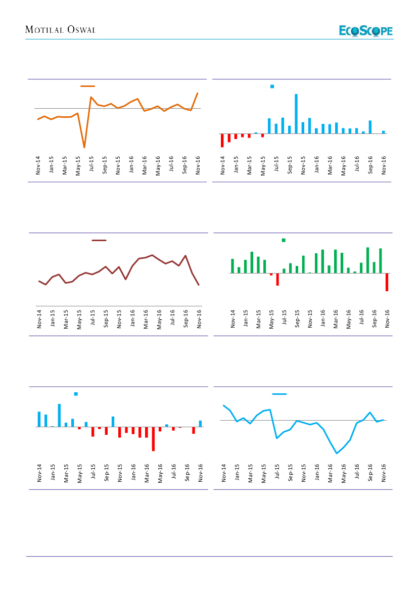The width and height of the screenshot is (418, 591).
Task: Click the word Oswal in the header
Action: [x=81, y=30]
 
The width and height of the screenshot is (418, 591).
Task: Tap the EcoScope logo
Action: [x=366, y=31]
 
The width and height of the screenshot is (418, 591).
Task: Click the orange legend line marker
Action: [x=87, y=86]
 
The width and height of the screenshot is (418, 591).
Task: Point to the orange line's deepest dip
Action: [x=84, y=147]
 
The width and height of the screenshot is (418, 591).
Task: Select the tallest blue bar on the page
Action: [x=296, y=114]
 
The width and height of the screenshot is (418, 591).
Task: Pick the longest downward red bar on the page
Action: [x=153, y=439]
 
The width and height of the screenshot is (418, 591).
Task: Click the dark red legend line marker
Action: [x=99, y=241]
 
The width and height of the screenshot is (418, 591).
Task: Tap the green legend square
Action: [x=284, y=240]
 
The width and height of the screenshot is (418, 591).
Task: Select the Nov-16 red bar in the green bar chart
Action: [x=387, y=282]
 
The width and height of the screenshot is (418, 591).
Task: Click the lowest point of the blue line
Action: [x=337, y=453]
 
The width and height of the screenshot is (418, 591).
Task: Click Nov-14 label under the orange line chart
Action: [x=38, y=166]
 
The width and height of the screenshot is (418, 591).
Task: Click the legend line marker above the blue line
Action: [x=280, y=394]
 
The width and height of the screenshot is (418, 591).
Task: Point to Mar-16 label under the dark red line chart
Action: [x=146, y=320]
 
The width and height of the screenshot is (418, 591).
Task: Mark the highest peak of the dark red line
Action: [x=152, y=255]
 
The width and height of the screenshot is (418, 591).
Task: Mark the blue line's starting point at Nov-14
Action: [x=223, y=405]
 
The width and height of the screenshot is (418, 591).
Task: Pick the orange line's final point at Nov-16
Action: [x=197, y=94]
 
